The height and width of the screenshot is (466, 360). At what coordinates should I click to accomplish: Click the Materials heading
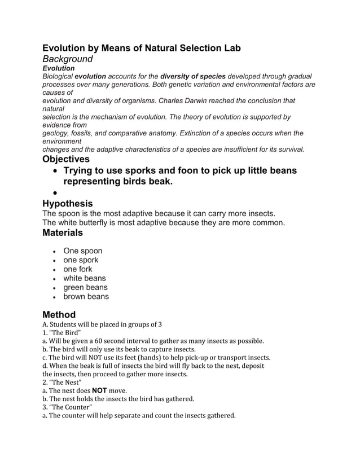(x=63, y=232)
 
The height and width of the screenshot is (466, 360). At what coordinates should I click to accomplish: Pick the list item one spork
(x=81, y=260)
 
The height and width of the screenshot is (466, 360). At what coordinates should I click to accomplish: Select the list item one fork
(x=78, y=269)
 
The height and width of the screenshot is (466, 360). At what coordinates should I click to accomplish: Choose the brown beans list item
(x=86, y=296)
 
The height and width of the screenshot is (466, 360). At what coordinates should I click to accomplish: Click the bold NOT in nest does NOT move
(x=100, y=390)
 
